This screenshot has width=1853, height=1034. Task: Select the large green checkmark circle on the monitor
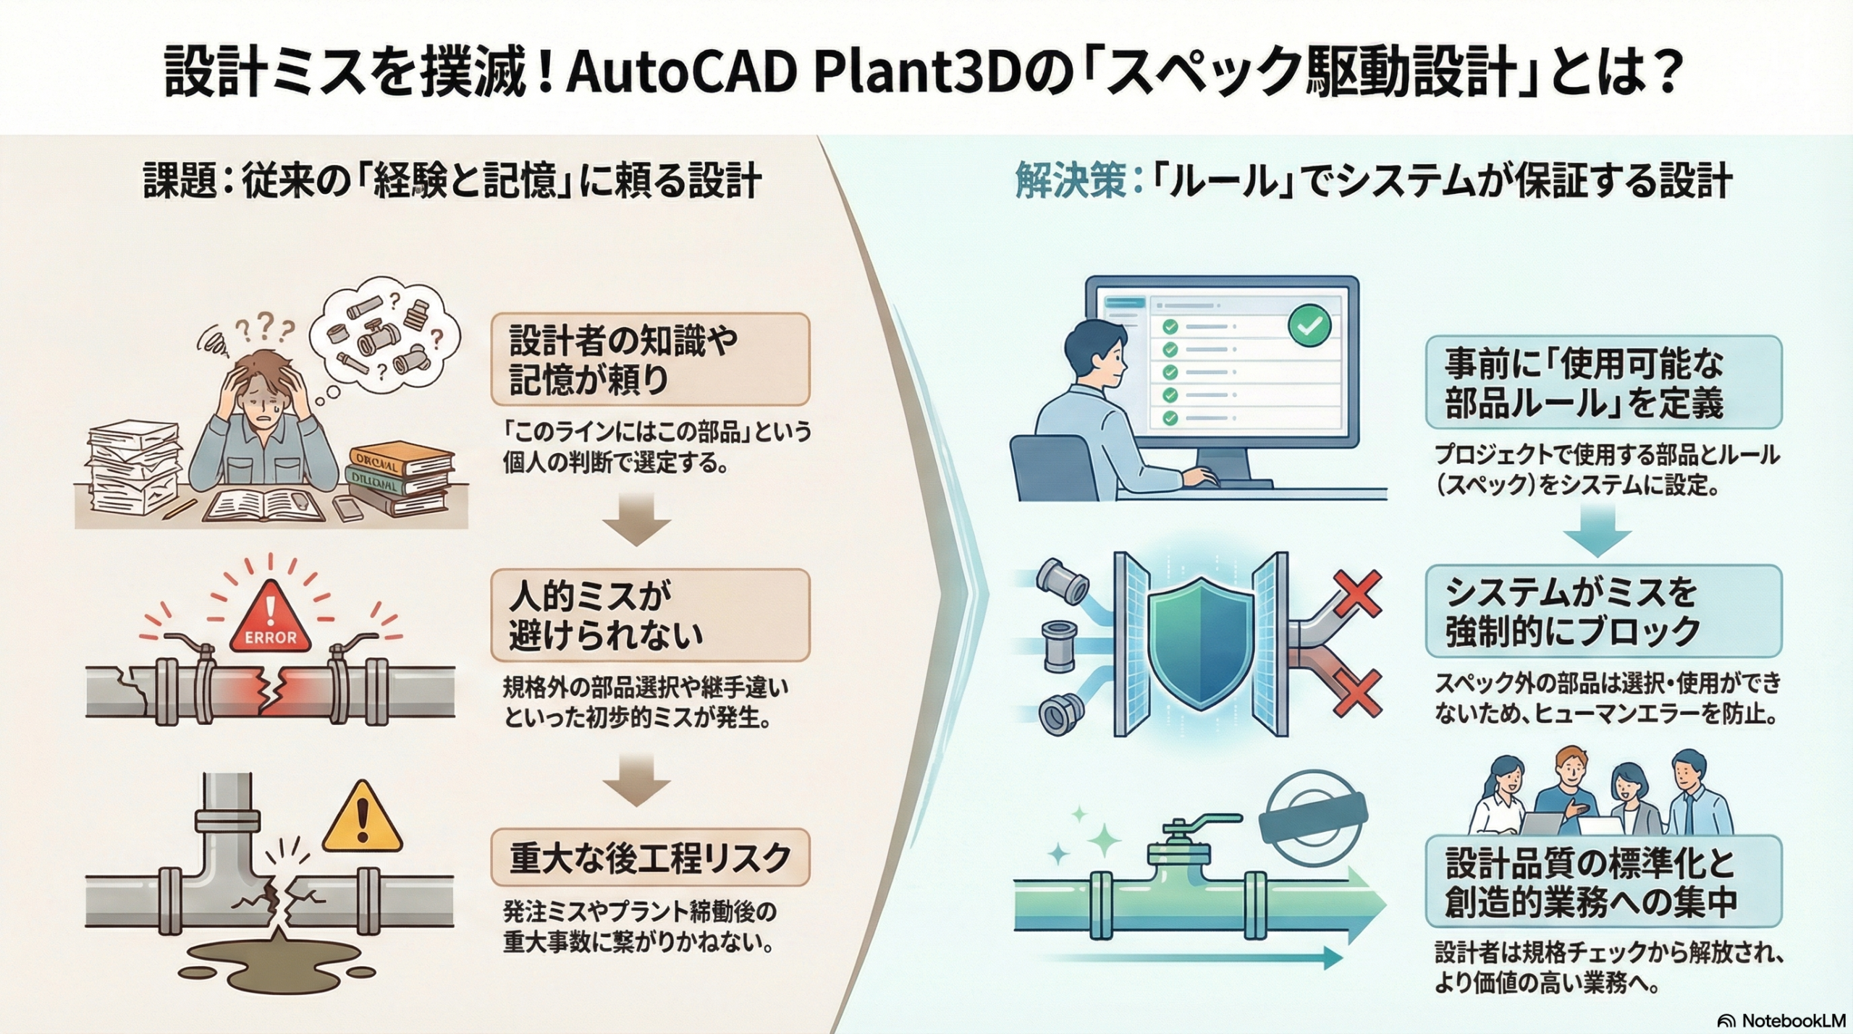click(1309, 326)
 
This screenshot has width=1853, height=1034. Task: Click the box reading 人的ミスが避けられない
click(649, 615)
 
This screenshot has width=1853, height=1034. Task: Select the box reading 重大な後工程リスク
click(649, 857)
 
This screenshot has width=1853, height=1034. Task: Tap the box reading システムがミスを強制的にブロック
click(1603, 611)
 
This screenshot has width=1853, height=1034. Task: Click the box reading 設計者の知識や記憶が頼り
click(649, 359)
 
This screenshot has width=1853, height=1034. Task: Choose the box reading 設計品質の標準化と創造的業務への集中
click(1603, 881)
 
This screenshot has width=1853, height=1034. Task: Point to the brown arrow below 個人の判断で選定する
click(637, 519)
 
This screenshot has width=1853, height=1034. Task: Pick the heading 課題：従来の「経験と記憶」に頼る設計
click(452, 181)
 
